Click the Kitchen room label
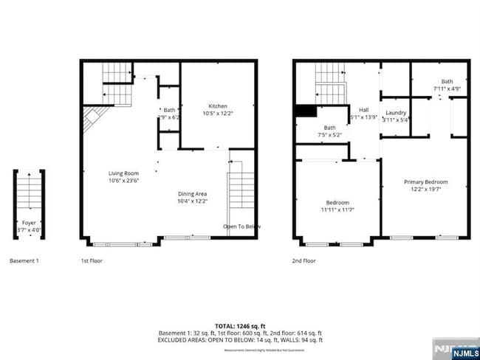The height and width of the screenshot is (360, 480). (x=217, y=106)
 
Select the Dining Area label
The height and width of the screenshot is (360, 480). (x=192, y=193)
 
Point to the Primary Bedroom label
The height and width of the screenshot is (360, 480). (x=425, y=181)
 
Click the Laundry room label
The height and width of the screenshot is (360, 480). (x=396, y=113)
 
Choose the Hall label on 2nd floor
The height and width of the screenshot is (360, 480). (x=363, y=109)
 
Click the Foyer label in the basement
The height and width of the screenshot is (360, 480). (x=29, y=221)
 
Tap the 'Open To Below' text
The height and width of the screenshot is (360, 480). (x=241, y=226)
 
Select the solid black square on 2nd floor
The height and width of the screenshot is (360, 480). (x=304, y=111)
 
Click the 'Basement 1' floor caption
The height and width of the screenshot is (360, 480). (x=24, y=261)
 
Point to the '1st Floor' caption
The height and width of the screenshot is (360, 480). (x=92, y=261)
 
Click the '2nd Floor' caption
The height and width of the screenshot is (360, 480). (x=304, y=261)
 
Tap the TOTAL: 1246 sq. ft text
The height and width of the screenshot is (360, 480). (x=239, y=325)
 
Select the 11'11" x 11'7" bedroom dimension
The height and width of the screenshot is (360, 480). (x=337, y=210)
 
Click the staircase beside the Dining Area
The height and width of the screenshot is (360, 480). (x=241, y=189)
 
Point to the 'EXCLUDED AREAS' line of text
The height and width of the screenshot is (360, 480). (x=239, y=340)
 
